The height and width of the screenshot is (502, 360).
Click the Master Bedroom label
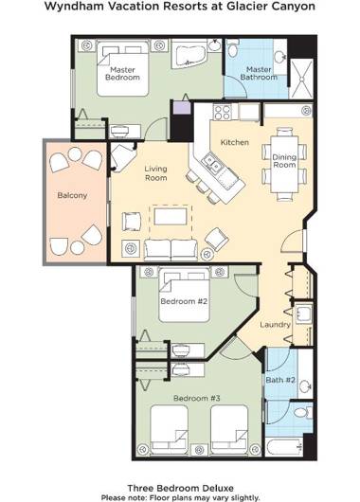pos(122,74)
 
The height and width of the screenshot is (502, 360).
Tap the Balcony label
pos(72,195)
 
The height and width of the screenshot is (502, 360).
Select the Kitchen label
pos(235,142)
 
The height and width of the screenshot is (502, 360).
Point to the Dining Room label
pos(284,161)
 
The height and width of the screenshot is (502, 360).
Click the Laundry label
pos(275,325)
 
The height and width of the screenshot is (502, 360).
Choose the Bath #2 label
pos(280,380)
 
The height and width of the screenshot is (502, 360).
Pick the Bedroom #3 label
pos(197,398)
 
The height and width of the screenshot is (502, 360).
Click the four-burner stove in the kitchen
pos(223,113)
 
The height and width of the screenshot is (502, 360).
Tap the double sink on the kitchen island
pos(211,163)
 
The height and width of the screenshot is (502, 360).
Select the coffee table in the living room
pos(171,216)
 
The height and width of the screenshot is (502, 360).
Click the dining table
pos(284,164)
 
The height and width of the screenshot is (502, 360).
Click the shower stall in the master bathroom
pos(301,79)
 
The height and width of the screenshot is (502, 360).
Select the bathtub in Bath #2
pos(284,446)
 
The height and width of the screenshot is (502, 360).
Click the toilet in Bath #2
pos(303,412)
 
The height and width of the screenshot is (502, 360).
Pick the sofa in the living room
pos(171,250)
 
